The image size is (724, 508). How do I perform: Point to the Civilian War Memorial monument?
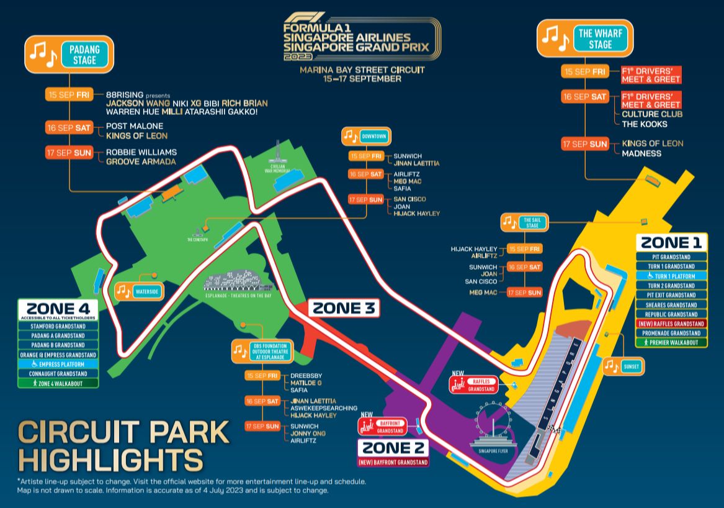point(277,155)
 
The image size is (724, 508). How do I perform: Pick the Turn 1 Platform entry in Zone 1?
point(675,276)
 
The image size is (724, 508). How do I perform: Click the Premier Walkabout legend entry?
point(675,342)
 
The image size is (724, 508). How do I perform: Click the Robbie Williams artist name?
point(141,152)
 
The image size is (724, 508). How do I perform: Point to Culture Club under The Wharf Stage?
point(653,114)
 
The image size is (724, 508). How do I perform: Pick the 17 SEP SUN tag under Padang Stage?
point(69,152)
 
